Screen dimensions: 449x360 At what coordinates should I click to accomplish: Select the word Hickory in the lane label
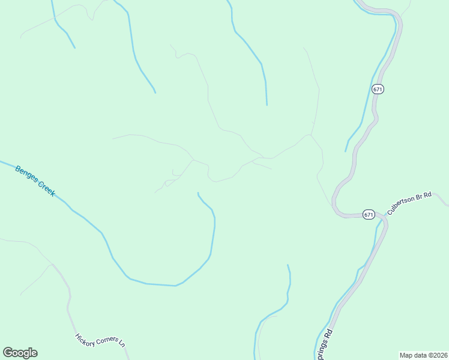85,338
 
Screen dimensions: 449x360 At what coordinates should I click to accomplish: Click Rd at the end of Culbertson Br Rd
428,194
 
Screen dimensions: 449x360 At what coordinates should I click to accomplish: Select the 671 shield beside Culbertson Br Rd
369,214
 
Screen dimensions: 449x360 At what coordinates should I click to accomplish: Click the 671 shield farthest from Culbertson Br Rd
377,89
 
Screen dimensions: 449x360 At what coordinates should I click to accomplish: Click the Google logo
20,353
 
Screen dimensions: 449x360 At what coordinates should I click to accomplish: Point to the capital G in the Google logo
8,352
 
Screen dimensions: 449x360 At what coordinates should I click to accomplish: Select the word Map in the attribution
406,355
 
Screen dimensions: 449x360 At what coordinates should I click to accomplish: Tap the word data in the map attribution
420,355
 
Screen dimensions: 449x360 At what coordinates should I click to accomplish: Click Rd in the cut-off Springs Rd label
329,332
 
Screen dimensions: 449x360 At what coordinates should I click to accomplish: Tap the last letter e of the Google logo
34,353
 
